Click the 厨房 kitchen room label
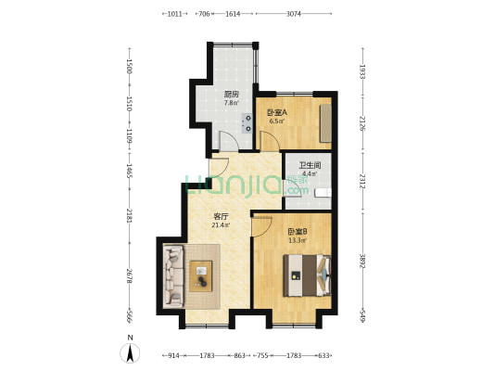point(232,94)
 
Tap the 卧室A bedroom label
point(278,113)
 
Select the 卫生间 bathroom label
point(309,164)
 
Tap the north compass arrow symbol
point(131,352)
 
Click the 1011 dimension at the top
point(174,14)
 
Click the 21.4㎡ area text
point(221,224)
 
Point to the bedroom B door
point(260,226)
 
